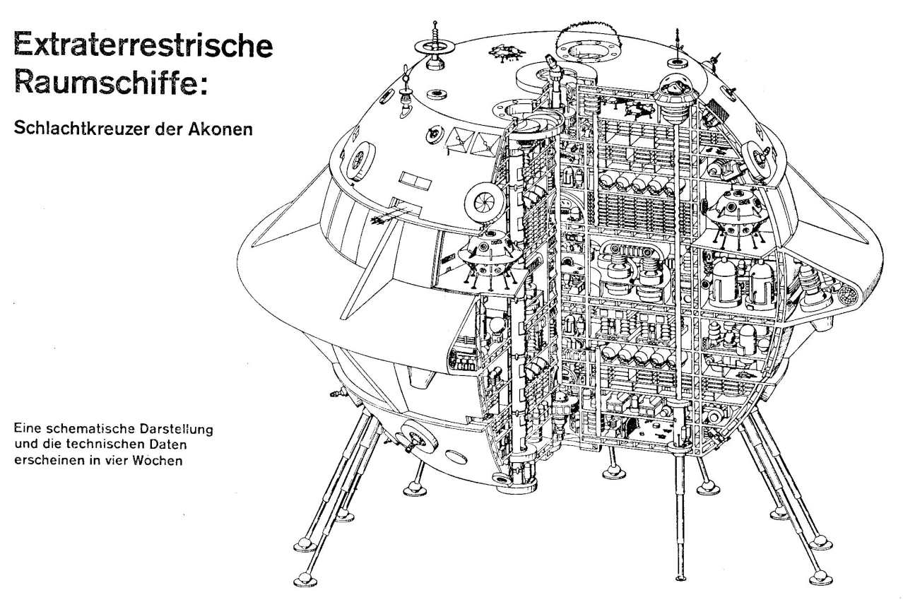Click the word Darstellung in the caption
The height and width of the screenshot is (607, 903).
tap(176, 429)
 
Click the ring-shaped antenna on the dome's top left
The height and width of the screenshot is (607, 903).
tap(434, 48)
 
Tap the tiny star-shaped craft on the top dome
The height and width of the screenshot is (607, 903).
tap(507, 53)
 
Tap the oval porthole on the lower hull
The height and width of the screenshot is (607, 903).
tap(456, 457)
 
